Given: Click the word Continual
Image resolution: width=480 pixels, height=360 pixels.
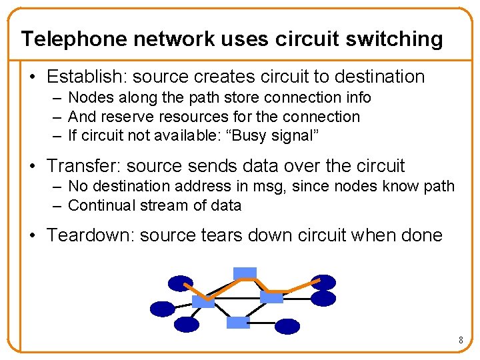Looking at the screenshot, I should pyautogui.click(x=102, y=205).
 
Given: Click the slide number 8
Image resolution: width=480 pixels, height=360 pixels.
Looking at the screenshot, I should pyautogui.click(x=461, y=341).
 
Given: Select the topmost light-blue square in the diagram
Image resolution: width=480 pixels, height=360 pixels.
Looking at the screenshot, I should pyautogui.click(x=245, y=273).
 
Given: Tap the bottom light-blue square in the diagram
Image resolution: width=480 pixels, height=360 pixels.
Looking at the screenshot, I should pyautogui.click(x=238, y=323).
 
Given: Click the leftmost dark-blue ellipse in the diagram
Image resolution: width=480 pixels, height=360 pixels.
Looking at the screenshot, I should pyautogui.click(x=162, y=309).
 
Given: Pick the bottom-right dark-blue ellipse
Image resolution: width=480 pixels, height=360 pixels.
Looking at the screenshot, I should pyautogui.click(x=287, y=326).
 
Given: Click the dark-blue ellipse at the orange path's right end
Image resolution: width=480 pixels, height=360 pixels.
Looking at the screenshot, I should pyautogui.click(x=323, y=283).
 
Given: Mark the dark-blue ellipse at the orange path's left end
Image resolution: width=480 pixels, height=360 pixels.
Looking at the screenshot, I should pyautogui.click(x=180, y=284).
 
